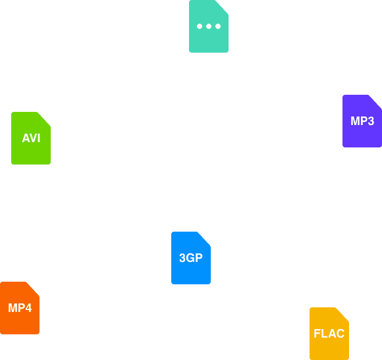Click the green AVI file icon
pyautogui.click(x=31, y=138)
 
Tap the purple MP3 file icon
pyautogui.click(x=362, y=121)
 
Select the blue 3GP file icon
pyautogui.click(x=191, y=258)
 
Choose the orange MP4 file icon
pyautogui.click(x=20, y=308)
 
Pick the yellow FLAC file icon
pyautogui.click(x=329, y=334)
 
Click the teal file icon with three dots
pyautogui.click(x=209, y=26)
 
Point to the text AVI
pyautogui.click(x=31, y=138)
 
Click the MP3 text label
pyautogui.click(x=362, y=121)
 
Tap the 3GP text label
pyautogui.click(x=191, y=258)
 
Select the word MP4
pyautogui.click(x=20, y=308)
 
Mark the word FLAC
pyautogui.click(x=329, y=334)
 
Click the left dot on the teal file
pyautogui.click(x=200, y=26)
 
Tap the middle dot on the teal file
pyautogui.click(x=209, y=26)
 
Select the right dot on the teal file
pyautogui.click(x=218, y=26)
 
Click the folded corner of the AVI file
pyautogui.click(x=45, y=118)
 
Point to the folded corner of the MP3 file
pyautogui.click(x=376, y=101)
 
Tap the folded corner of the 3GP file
pyautogui.click(x=205, y=238)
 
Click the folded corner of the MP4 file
pyautogui.click(x=34, y=288)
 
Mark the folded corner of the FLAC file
pyautogui.click(x=343, y=313)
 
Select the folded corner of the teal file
pyautogui.click(x=223, y=6)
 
